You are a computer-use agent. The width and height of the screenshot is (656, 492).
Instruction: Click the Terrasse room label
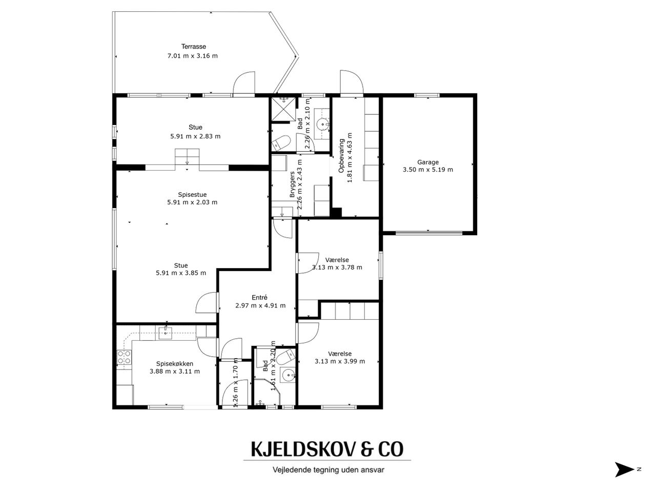(x=193, y=47)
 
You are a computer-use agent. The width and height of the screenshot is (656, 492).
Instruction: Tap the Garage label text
(x=427, y=162)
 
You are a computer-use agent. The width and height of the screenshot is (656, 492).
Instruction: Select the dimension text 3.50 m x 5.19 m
(x=427, y=170)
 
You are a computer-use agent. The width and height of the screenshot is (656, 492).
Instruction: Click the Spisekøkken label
(x=175, y=364)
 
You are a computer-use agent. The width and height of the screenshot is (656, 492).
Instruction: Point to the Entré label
(x=259, y=298)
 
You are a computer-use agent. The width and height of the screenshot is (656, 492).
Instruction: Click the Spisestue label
(x=192, y=195)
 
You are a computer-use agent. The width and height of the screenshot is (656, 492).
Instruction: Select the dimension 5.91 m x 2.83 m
(x=195, y=136)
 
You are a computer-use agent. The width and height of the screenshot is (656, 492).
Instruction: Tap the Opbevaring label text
(x=341, y=156)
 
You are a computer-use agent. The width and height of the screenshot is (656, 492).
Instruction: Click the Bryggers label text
(x=292, y=184)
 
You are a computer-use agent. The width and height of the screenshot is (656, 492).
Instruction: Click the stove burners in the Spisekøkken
(x=124, y=357)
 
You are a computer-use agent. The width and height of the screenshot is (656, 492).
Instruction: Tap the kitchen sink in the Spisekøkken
(x=165, y=333)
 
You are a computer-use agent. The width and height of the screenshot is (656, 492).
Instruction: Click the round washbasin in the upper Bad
(x=322, y=124)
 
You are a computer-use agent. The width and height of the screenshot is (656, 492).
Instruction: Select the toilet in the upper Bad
(x=281, y=143)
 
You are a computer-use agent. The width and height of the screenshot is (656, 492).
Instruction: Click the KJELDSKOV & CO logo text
(x=327, y=449)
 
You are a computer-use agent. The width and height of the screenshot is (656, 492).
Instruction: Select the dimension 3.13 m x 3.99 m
(x=340, y=361)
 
